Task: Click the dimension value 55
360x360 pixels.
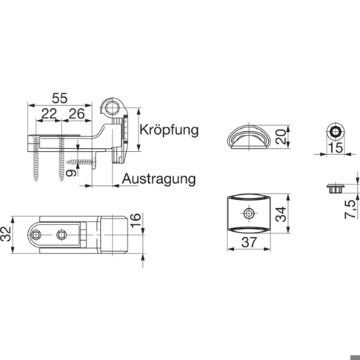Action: pyautogui.click(x=59, y=98)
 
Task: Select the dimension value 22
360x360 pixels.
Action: pyautogui.click(x=49, y=114)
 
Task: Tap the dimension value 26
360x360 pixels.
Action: pyautogui.click(x=76, y=114)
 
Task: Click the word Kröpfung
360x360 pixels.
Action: pyautogui.click(x=169, y=130)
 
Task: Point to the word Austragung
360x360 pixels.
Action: pyautogui.click(x=159, y=179)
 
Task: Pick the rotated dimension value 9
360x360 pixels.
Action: pyautogui.click(x=72, y=173)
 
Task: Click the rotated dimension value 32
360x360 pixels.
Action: pyautogui.click(x=6, y=234)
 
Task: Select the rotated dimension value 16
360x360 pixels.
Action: pyautogui.click(x=136, y=221)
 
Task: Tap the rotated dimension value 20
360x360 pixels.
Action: pyautogui.click(x=281, y=136)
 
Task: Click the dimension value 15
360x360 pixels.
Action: pyautogui.click(x=336, y=148)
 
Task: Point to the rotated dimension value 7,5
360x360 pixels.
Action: pyautogui.click(x=351, y=210)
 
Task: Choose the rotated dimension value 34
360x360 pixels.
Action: pyautogui.click(x=281, y=214)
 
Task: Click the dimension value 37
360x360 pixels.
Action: pyautogui.click(x=249, y=242)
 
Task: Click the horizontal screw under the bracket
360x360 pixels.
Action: pyautogui.click(x=82, y=162)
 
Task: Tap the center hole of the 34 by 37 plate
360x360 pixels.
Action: pyautogui.click(x=249, y=213)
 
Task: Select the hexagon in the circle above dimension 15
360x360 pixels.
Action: pyautogui.click(x=336, y=132)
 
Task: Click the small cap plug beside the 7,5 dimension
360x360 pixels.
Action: pyautogui.click(x=336, y=188)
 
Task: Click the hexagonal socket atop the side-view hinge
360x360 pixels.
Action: pyautogui.click(x=112, y=107)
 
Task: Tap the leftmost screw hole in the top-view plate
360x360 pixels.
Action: pyautogui.click(x=36, y=234)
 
